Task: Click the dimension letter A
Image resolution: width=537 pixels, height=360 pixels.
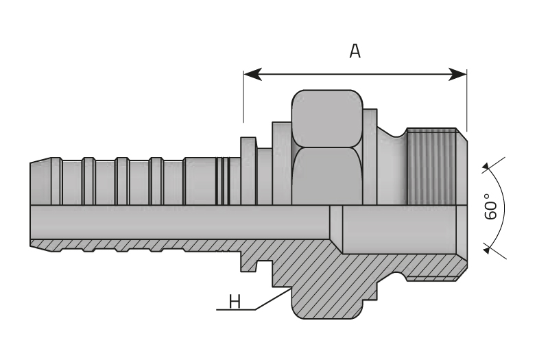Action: [x=355, y=51]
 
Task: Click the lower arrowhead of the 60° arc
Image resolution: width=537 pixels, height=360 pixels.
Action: [x=488, y=249]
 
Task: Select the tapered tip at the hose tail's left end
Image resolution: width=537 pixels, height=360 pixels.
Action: [x=40, y=182]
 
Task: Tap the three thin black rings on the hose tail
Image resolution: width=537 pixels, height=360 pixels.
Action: [x=221, y=181]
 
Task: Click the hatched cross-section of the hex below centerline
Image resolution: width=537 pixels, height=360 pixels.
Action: [x=326, y=295]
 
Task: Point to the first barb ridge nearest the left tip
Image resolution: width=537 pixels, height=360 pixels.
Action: [x=62, y=181]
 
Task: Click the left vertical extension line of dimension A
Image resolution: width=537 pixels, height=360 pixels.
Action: [x=243, y=96]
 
